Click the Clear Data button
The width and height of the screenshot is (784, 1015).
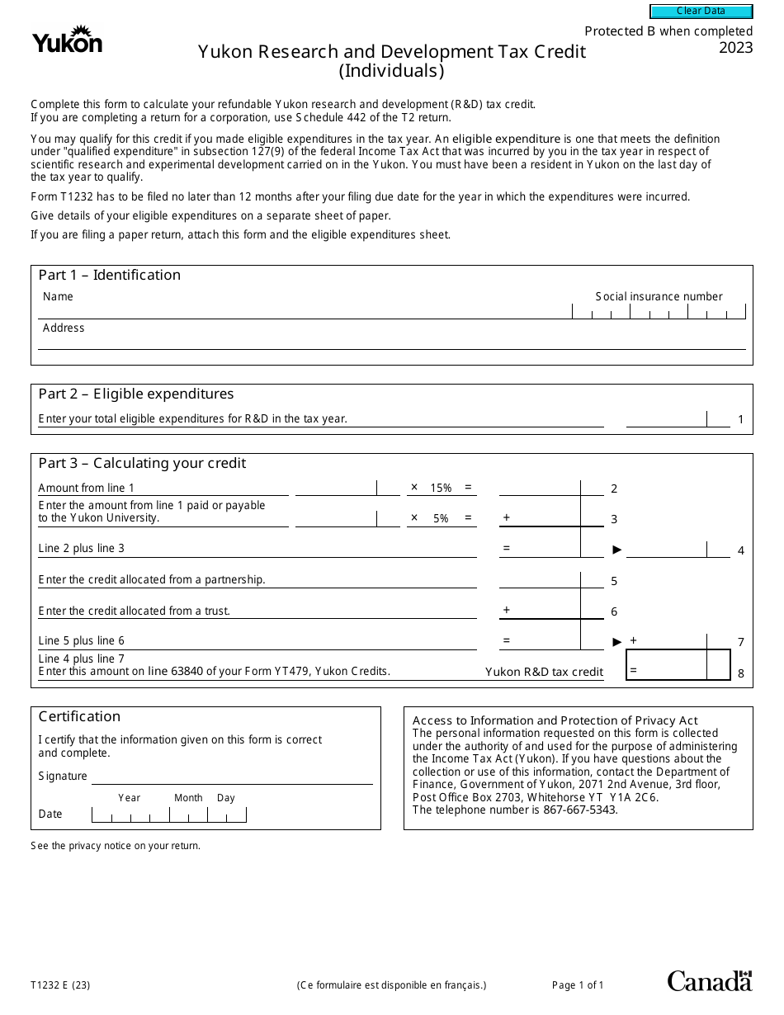point(701,12)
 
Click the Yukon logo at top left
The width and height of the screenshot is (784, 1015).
point(67,40)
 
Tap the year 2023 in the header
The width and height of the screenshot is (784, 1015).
point(735,48)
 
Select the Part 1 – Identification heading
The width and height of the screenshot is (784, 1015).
point(109,276)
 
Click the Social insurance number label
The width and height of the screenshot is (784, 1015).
point(659,297)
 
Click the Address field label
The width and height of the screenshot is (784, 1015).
point(64,328)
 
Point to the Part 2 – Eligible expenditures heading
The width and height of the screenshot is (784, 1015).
point(136,394)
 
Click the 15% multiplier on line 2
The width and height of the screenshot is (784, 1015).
point(442,489)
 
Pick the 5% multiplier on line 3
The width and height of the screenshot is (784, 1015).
point(442,519)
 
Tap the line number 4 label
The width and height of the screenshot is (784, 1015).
point(741,550)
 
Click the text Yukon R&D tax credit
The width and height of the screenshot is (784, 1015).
point(544,673)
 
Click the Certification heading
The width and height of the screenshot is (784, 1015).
point(79,717)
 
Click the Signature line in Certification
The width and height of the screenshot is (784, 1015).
point(232,777)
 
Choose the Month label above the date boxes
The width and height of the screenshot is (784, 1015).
point(188,799)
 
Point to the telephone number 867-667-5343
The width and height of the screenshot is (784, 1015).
point(580,810)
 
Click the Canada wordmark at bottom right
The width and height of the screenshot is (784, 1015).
point(709,981)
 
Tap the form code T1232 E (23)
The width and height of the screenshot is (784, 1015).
point(60,985)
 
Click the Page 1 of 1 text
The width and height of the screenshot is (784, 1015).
point(578,985)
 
